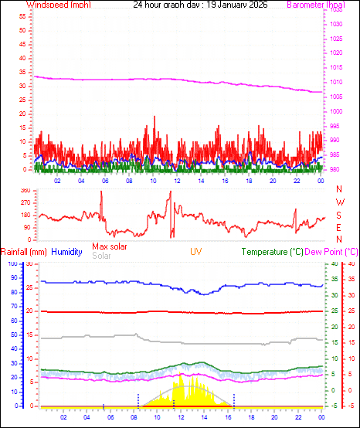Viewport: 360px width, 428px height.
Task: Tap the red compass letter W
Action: pos(338,202)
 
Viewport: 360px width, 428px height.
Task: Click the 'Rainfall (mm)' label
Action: pos(23,252)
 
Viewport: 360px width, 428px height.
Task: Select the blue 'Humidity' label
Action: pos(67,252)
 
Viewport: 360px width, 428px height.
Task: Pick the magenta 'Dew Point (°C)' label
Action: pos(331,252)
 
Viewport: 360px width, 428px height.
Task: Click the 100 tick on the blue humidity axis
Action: pos(11,263)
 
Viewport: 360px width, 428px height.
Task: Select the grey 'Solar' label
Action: pos(101,256)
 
